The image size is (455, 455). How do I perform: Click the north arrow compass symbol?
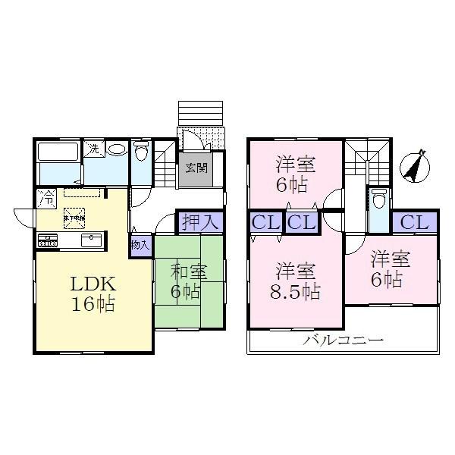tap(413, 166)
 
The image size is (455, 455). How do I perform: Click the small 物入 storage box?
tap(140, 246)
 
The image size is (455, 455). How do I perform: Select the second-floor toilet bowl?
tap(379, 199)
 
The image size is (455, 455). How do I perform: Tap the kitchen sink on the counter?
tap(90, 242)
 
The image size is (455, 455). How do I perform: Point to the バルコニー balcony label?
tap(344, 340)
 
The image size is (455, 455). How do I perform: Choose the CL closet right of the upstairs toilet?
tap(415, 223)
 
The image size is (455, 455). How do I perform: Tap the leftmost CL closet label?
tap(266, 224)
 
